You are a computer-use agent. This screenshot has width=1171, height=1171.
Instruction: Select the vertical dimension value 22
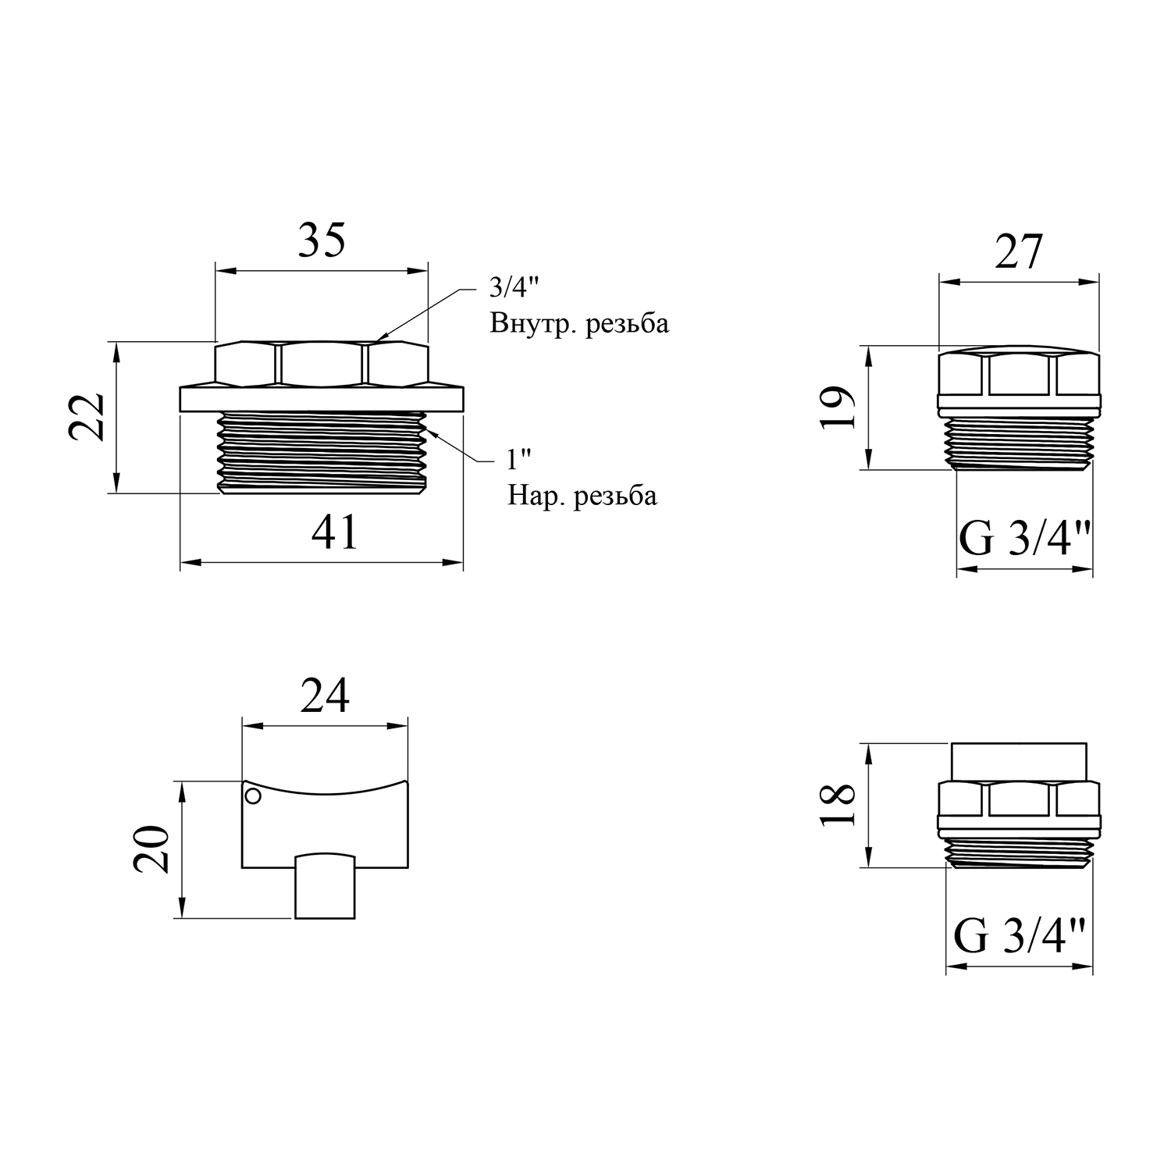[x=87, y=416]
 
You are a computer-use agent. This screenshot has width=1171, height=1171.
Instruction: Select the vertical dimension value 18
[x=838, y=804]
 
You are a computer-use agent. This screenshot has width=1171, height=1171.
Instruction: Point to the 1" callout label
[x=513, y=461]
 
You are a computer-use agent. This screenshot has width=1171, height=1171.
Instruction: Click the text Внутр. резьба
[x=579, y=323]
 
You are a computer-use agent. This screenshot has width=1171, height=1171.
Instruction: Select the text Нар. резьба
[x=582, y=495]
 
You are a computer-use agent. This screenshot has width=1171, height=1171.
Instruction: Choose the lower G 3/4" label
[x=1020, y=936]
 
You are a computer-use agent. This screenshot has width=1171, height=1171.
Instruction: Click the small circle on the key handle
[x=252, y=796]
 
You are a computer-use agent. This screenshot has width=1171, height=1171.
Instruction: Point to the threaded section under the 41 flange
[x=323, y=453]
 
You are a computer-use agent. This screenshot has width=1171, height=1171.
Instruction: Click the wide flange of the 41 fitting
[x=322, y=398]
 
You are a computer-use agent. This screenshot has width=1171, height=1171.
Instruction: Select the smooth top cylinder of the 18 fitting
[x=1020, y=761]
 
